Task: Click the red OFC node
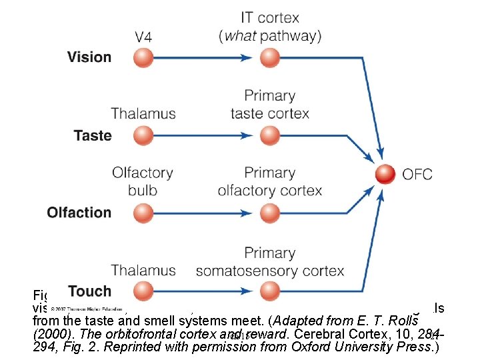pos(385,175)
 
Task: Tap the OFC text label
pos(417,175)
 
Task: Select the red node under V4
pos(143,58)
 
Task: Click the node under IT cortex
pos(269,58)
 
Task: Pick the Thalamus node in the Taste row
pos(143,136)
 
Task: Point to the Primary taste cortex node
pos(269,136)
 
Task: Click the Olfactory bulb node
pos(143,213)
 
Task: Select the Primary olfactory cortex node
pos(269,213)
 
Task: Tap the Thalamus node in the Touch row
pos(143,291)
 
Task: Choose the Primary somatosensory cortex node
pos(269,291)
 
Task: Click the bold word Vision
pos(89,57)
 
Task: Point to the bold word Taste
pos(93,135)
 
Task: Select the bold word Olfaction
pos(79,213)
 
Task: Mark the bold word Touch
pos(89,291)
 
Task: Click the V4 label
pos(143,37)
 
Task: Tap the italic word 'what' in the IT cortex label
pos(241,35)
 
